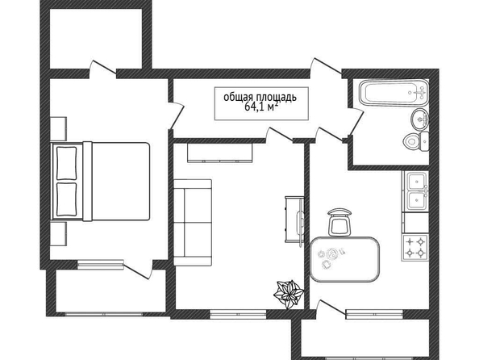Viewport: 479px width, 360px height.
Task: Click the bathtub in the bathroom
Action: tap(394, 93)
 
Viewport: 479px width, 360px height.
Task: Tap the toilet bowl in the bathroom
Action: tap(412, 141)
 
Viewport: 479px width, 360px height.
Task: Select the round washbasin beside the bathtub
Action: tap(420, 119)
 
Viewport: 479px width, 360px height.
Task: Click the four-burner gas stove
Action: tap(415, 248)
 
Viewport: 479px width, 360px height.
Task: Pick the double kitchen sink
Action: tap(416, 190)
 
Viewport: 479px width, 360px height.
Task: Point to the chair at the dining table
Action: tap(339, 222)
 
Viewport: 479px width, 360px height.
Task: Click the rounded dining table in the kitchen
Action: tap(345, 259)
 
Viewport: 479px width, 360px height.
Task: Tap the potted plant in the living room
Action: tap(289, 295)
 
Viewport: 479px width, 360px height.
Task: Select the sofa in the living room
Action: tap(193, 222)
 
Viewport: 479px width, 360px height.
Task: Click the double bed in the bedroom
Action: tap(101, 181)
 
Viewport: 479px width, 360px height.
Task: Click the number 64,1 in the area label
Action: tap(255, 107)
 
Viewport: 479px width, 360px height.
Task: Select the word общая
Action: tap(239, 97)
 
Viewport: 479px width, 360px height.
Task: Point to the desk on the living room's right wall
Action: tap(294, 220)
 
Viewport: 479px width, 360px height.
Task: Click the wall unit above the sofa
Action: tap(220, 153)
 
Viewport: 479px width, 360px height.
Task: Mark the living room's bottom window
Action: tap(238, 315)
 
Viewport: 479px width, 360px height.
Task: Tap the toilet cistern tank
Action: tap(424, 141)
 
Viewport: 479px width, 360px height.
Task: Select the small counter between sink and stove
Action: tap(416, 223)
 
